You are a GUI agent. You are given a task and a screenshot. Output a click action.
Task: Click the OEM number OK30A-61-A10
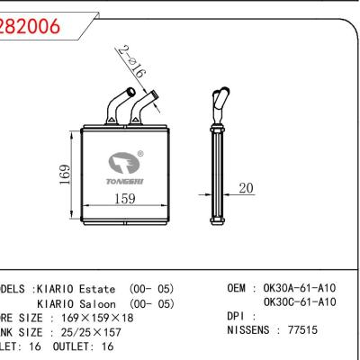(300, 288)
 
